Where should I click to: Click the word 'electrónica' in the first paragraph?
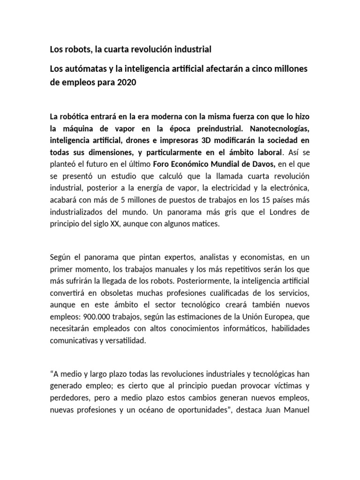[x=286, y=188]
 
